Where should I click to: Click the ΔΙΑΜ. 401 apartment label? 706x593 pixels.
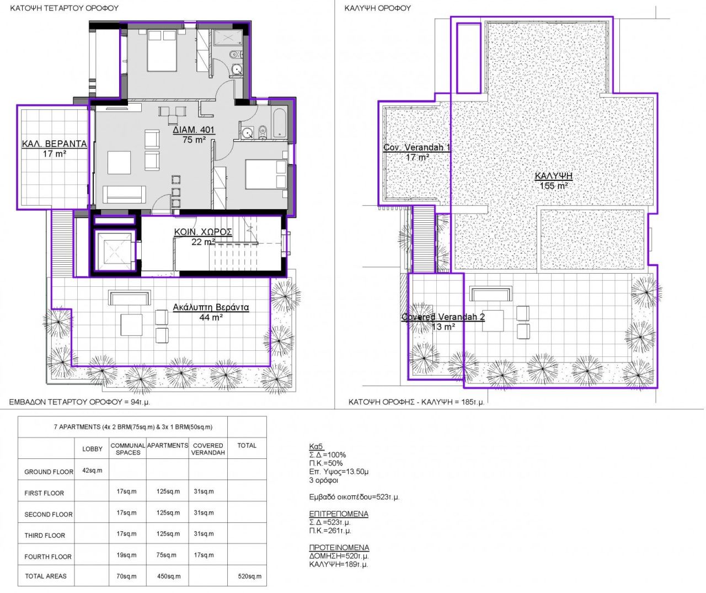pos(194,130)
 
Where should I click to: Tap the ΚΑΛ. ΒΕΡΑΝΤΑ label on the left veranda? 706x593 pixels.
pos(54,144)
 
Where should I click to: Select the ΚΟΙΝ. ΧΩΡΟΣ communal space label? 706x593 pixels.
pos(202,232)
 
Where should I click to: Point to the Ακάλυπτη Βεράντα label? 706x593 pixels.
pos(211,307)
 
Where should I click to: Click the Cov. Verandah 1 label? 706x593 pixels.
pos(417,148)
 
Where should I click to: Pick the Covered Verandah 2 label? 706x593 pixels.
pos(443,317)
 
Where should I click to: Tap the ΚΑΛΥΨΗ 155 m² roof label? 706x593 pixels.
pos(554,177)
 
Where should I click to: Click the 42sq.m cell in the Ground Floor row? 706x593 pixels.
pos(92,471)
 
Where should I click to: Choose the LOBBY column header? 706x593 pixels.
pos(92,449)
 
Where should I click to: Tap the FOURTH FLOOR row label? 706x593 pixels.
pos(48,557)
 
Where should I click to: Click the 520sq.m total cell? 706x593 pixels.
pos(247,576)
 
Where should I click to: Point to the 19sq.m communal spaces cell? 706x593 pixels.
pos(126,555)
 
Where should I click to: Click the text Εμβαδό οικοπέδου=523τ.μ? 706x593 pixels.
pos(355,497)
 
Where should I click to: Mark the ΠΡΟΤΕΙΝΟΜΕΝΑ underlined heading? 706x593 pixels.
pos(339,548)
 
